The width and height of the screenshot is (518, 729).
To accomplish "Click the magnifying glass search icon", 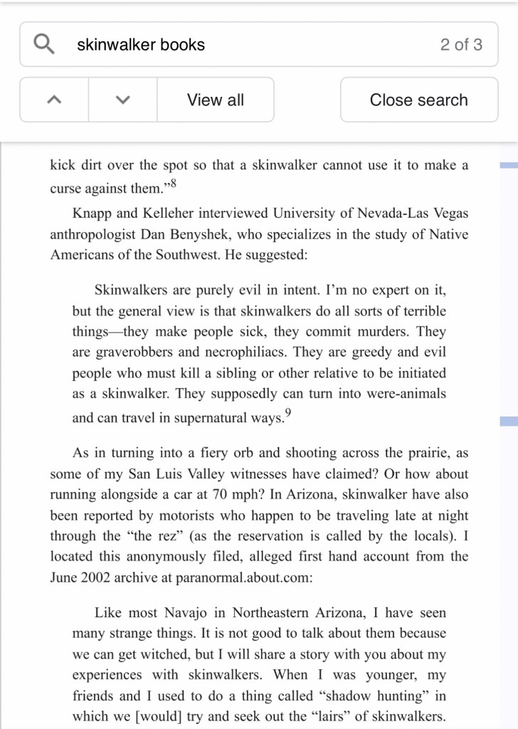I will point(44,44).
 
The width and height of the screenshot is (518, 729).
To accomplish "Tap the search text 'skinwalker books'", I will point(140,44).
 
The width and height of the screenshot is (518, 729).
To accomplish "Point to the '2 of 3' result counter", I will point(460,44).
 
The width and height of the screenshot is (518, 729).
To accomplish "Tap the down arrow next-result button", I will point(122,100).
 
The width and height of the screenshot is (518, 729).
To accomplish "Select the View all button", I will point(215,100).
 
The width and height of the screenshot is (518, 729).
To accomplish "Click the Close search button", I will point(418,100).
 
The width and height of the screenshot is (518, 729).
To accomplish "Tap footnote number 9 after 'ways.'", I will point(287,414).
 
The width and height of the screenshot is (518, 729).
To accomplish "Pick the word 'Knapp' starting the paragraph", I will point(90,213).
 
